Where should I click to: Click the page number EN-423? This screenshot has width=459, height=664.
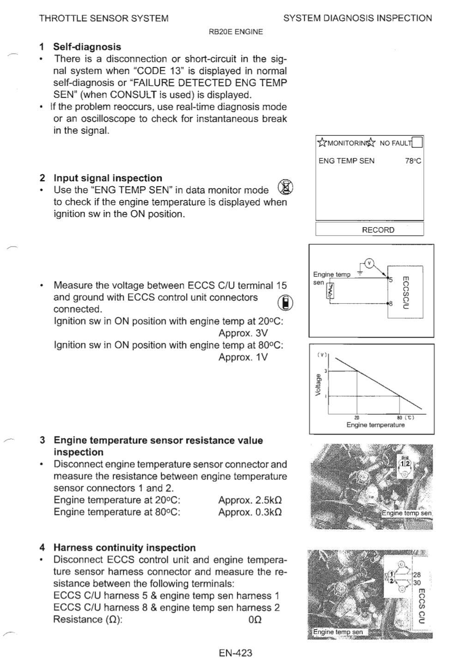[236, 652]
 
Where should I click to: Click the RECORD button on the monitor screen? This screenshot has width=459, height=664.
[378, 229]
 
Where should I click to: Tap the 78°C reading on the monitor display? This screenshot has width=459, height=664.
[413, 161]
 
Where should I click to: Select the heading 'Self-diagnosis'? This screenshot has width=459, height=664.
[87, 47]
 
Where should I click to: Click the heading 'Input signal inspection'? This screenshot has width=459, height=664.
[108, 178]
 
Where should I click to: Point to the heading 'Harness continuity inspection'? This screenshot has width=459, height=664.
[125, 548]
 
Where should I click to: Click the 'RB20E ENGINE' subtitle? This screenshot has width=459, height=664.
[236, 31]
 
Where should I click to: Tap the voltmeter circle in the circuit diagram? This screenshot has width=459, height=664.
[369, 263]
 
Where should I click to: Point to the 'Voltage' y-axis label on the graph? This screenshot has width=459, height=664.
[318, 384]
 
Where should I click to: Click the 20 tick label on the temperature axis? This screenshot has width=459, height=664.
[357, 417]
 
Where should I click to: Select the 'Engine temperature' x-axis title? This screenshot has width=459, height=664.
[375, 425]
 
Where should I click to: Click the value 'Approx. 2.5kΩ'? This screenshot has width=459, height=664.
[250, 500]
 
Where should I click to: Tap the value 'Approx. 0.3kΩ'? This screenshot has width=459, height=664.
[250, 512]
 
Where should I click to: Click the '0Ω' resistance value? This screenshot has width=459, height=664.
[255, 620]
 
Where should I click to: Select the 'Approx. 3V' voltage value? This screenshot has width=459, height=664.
[243, 333]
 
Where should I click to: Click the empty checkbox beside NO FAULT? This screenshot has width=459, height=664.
[417, 142]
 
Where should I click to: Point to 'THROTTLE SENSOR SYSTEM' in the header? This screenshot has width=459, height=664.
[104, 18]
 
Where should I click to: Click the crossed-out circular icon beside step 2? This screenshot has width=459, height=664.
[286, 187]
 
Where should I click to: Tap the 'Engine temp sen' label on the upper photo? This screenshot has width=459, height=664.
[406, 513]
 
